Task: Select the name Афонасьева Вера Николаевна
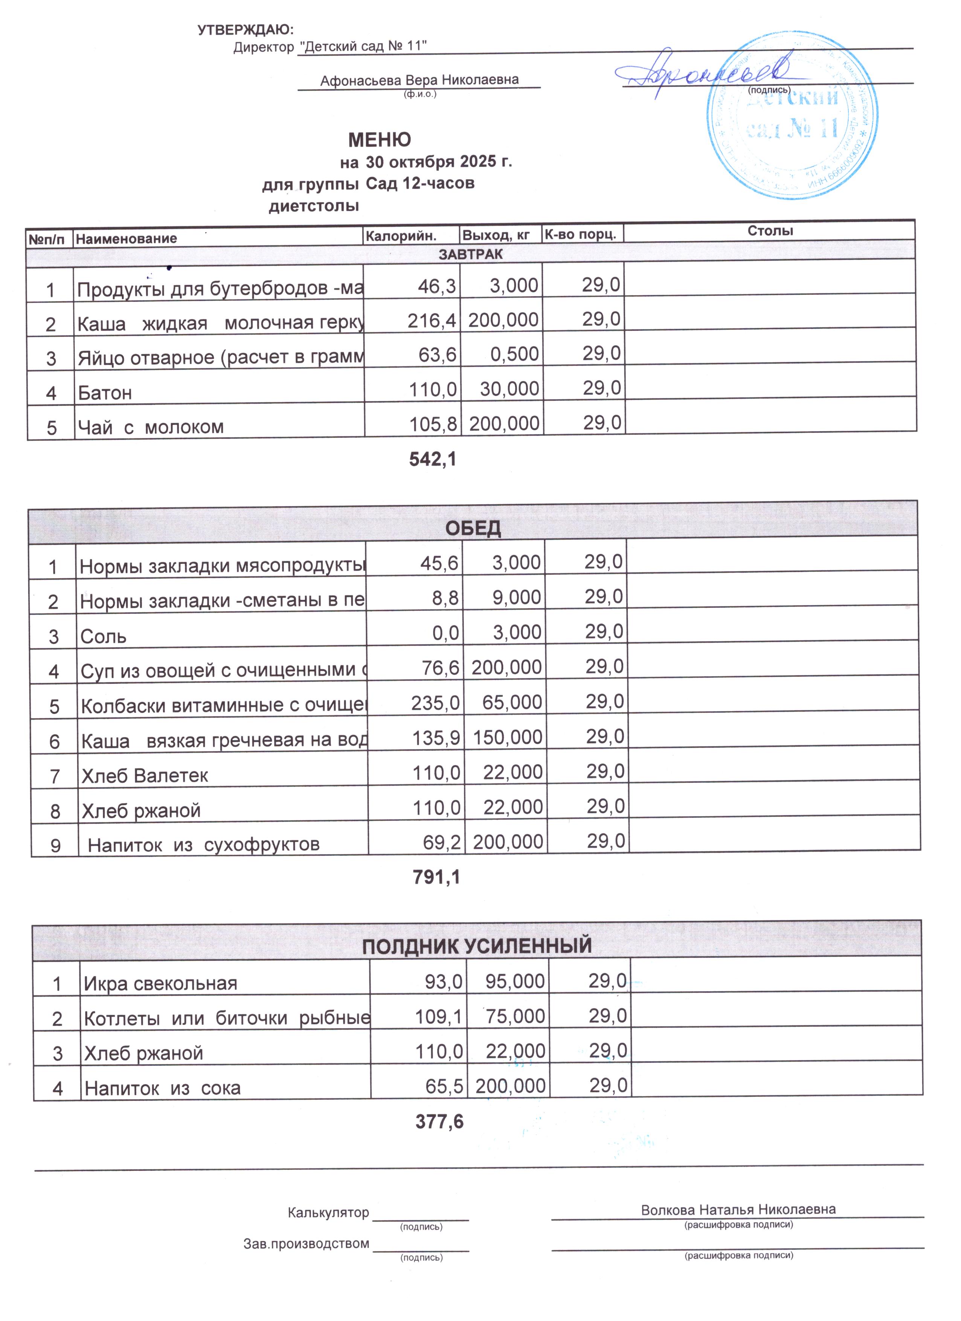[419, 80]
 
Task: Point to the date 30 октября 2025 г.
[439, 161]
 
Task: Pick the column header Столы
[770, 231]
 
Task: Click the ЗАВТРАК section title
[470, 254]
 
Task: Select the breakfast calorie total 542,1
[432, 460]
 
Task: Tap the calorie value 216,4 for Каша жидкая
[432, 320]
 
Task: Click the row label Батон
[105, 393]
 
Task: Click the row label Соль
[103, 636]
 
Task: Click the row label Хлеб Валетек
[145, 776]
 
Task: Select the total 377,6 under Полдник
[439, 1122]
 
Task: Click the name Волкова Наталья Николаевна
[738, 1210]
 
